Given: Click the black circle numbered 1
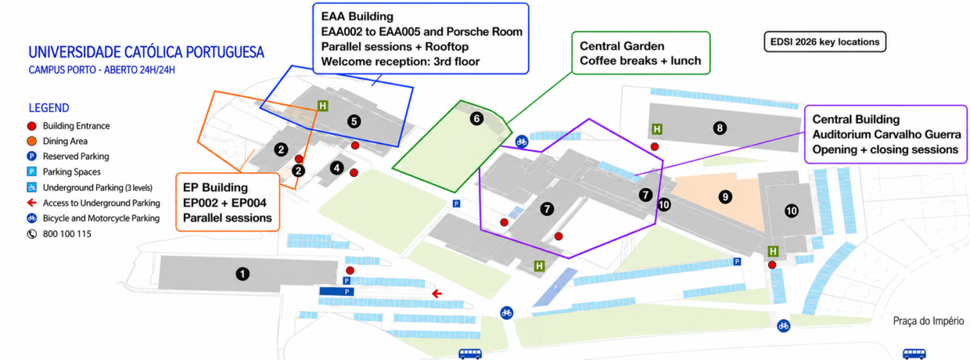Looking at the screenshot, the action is click(242, 274).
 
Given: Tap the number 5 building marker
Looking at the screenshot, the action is click(354, 121).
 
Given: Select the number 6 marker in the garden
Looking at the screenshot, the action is click(476, 119).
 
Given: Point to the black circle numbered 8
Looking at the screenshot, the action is click(720, 128).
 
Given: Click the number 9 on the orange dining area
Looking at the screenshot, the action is click(725, 197).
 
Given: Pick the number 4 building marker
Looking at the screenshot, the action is click(337, 167).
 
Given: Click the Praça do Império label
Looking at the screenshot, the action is click(929, 321).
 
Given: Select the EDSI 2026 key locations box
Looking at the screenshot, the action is click(825, 42).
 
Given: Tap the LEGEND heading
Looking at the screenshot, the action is click(49, 108).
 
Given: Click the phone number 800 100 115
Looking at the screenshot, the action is click(67, 234).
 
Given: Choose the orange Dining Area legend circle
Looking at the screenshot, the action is click(31, 141).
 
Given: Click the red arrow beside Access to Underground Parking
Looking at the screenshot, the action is click(31, 203).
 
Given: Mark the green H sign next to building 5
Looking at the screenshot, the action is click(322, 106).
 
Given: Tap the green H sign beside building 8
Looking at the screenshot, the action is click(657, 128).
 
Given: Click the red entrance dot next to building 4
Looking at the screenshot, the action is click(354, 173).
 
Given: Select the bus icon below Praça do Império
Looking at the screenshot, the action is click(914, 354).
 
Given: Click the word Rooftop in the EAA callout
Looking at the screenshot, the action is click(447, 46).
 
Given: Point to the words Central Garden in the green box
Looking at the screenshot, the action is click(622, 46).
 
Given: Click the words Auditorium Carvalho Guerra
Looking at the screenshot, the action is click(886, 135).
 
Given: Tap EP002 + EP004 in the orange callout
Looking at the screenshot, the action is click(225, 203).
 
